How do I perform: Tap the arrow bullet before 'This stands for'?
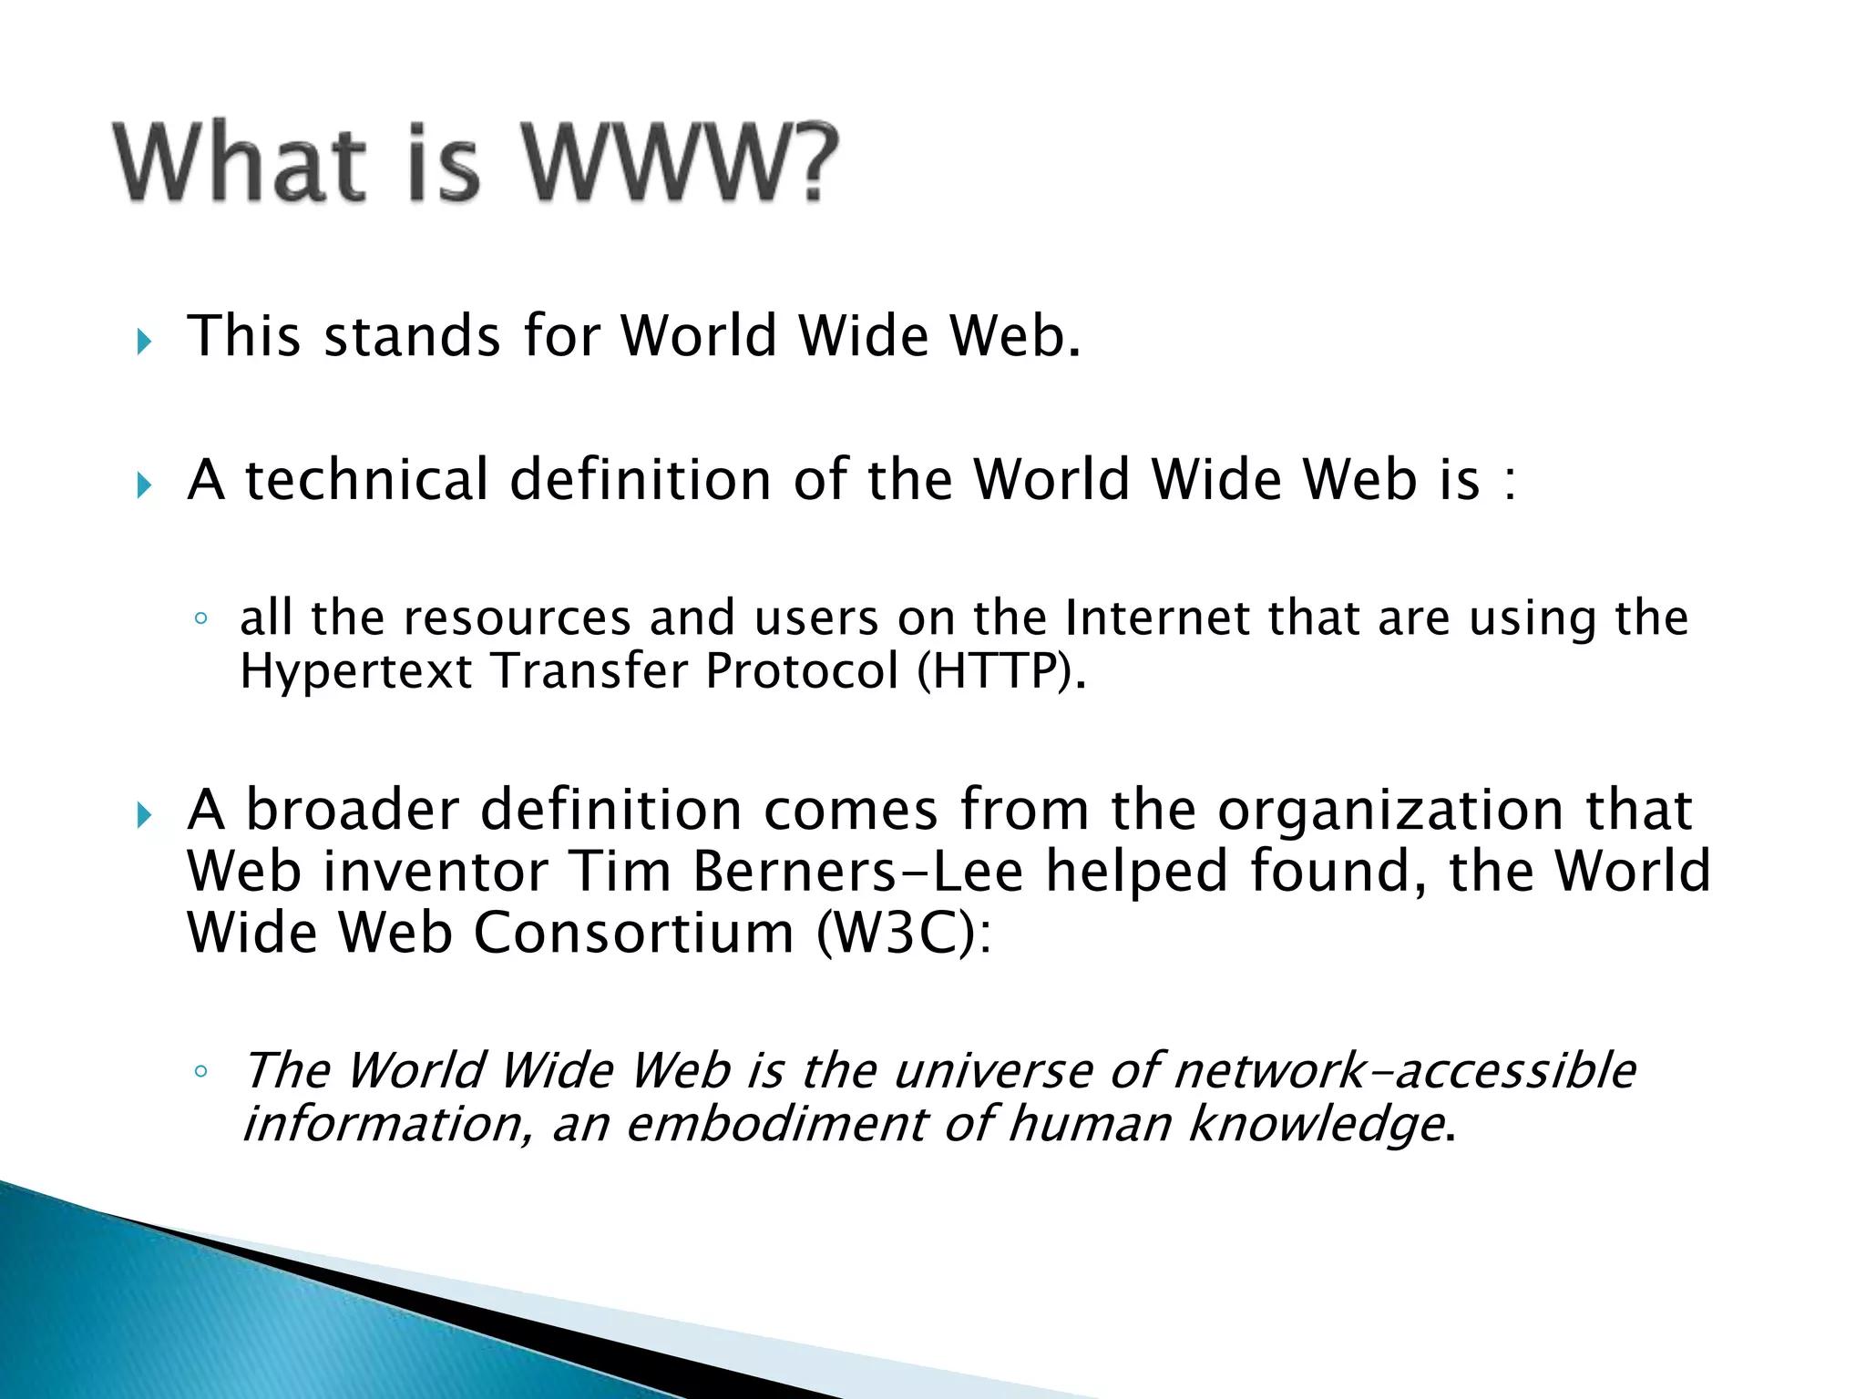[x=143, y=342]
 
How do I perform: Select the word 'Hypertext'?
[x=356, y=673]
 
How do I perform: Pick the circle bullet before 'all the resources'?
[x=201, y=620]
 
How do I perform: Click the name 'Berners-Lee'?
[x=857, y=871]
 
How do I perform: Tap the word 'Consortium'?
[x=633, y=934]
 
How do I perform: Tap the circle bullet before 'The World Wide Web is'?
[x=201, y=1071]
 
